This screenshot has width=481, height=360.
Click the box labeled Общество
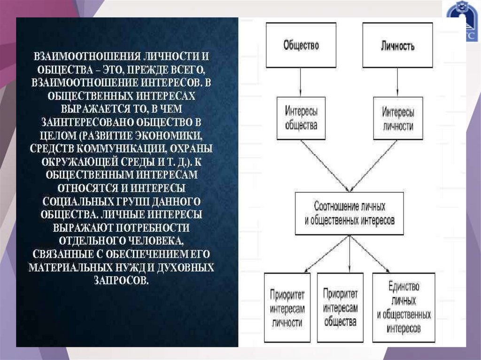tap(301, 45)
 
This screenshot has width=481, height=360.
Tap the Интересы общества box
tap(301, 118)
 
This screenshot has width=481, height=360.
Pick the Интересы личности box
tap(398, 118)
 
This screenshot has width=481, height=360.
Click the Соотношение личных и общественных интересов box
tap(349, 214)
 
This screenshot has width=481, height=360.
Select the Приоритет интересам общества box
tap(340, 307)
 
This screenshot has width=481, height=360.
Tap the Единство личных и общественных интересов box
tap(404, 307)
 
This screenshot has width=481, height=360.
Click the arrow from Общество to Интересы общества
tap(301, 82)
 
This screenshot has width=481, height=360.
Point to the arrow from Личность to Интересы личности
tap(397, 82)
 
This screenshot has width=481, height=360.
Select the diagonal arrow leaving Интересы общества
tap(324, 165)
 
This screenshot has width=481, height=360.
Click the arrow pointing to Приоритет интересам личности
tap(326, 253)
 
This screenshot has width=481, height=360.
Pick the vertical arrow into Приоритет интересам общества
tap(349, 253)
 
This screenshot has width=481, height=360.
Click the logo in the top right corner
tap(462, 21)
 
